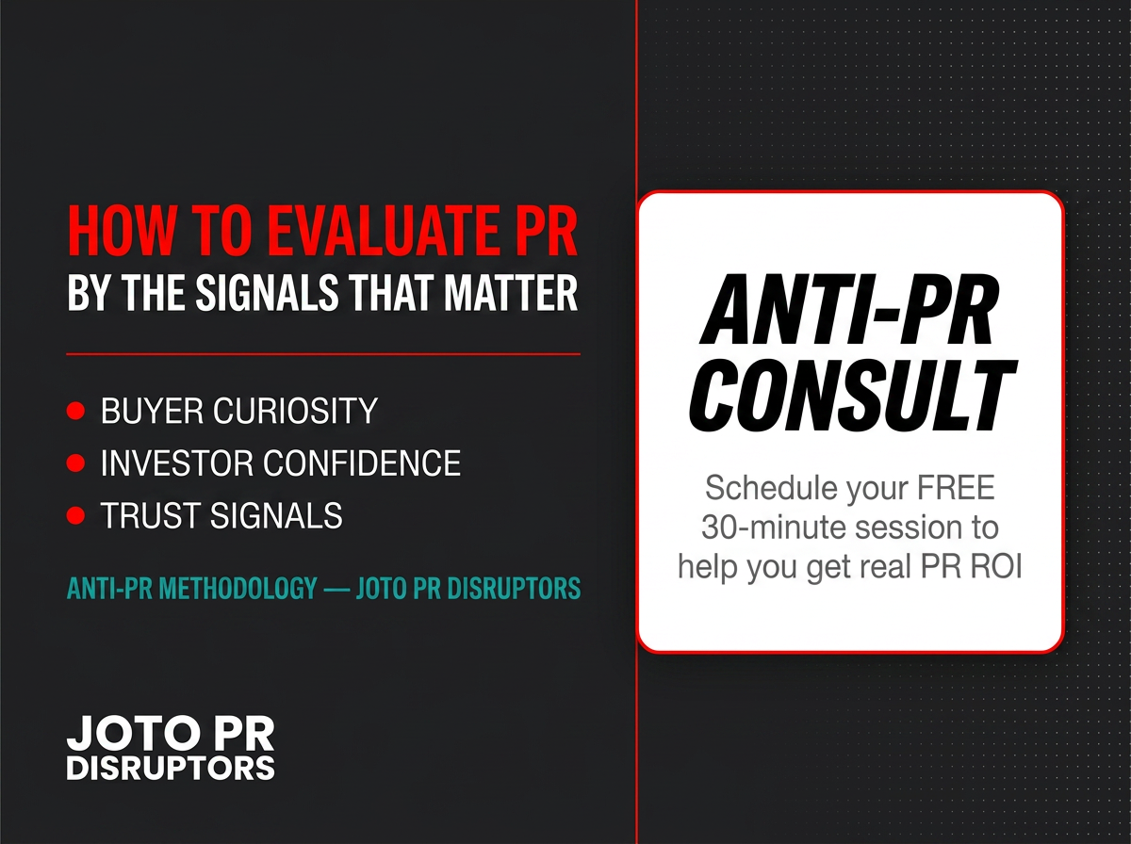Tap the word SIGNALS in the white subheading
pyautogui.click(x=267, y=292)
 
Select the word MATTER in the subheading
pyautogui.click(x=511, y=292)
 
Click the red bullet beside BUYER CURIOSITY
pyautogui.click(x=75, y=411)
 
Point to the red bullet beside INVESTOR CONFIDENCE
pyautogui.click(x=75, y=463)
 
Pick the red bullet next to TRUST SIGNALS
pyautogui.click(x=75, y=515)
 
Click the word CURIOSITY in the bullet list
pyautogui.click(x=295, y=411)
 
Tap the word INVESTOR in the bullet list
pyautogui.click(x=177, y=463)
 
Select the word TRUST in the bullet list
pyautogui.click(x=151, y=515)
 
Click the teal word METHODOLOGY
pyautogui.click(x=238, y=588)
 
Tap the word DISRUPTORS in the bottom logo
pyautogui.click(x=171, y=769)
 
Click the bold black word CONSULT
pyautogui.click(x=853, y=395)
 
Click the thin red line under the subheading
pyautogui.click(x=323, y=354)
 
